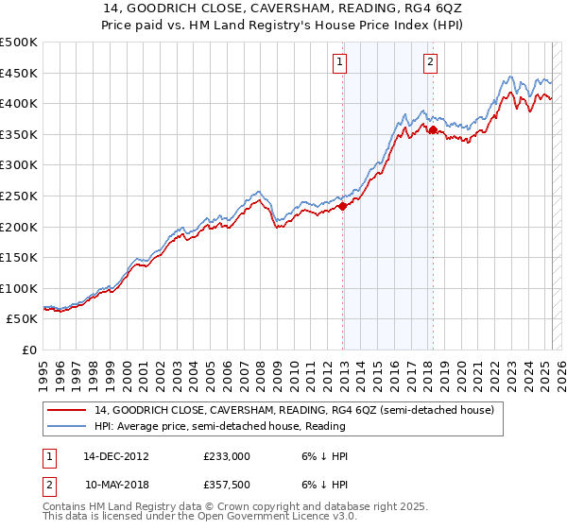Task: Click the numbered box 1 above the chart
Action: click(339, 63)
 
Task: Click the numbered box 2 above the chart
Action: click(430, 63)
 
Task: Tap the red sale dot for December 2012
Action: click(343, 207)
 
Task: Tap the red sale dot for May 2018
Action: click(433, 130)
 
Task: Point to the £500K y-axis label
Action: click(20, 43)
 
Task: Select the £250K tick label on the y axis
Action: click(20, 196)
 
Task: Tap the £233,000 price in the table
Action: click(227, 455)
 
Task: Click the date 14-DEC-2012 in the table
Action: click(116, 455)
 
